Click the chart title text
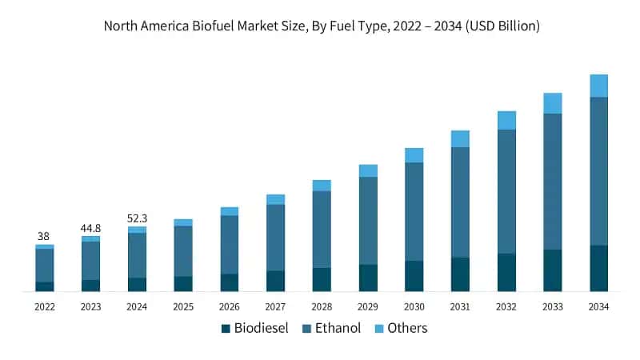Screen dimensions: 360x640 [x=322, y=26]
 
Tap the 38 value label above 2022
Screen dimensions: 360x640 [x=45, y=236]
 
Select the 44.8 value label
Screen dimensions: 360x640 [x=90, y=228]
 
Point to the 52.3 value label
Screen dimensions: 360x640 [x=137, y=218]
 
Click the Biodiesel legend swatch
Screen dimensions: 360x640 [x=226, y=328]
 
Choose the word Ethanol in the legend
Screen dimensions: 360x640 [x=337, y=328]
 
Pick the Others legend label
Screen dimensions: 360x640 [x=407, y=328]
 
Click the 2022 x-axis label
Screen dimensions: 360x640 [x=45, y=306]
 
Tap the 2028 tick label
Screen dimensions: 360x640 [x=322, y=306]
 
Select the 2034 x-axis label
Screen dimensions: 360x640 [x=598, y=306]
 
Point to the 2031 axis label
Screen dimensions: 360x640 [x=460, y=306]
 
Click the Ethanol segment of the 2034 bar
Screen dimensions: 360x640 [x=598, y=171]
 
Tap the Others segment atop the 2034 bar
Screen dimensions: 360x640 [x=598, y=86]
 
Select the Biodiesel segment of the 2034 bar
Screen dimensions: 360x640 [x=598, y=268]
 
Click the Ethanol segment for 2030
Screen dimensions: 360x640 [x=414, y=212]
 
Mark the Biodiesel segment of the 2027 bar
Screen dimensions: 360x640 [x=275, y=281]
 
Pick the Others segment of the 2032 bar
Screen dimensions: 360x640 [x=506, y=120]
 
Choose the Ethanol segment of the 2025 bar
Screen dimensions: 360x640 [x=183, y=251]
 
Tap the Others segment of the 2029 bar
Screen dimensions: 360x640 [x=368, y=170]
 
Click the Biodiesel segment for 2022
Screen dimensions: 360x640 [x=45, y=286]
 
